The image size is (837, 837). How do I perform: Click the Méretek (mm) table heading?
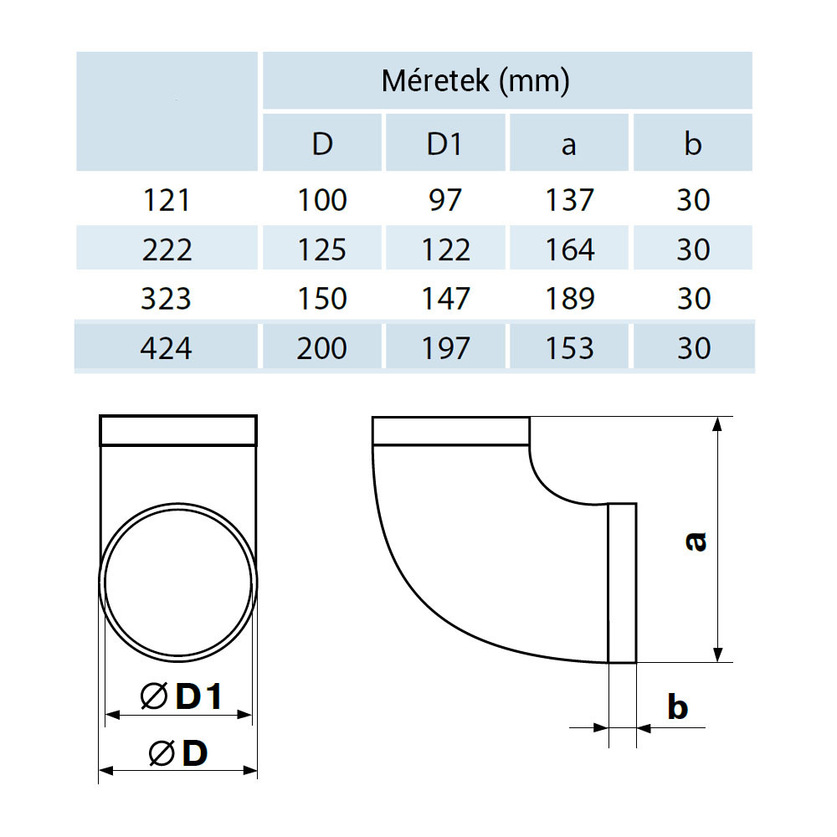point(475,81)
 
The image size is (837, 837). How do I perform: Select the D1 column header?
point(444,144)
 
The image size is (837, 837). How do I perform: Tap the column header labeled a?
point(569,146)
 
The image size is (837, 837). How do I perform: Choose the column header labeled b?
point(693,144)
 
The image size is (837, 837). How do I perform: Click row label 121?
point(167,201)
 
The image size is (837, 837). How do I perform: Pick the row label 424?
point(166,348)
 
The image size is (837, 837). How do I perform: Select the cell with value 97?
point(445,200)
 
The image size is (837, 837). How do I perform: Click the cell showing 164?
point(569,249)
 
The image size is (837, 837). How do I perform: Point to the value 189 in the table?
point(569,299)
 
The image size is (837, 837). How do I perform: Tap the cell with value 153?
point(569,348)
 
